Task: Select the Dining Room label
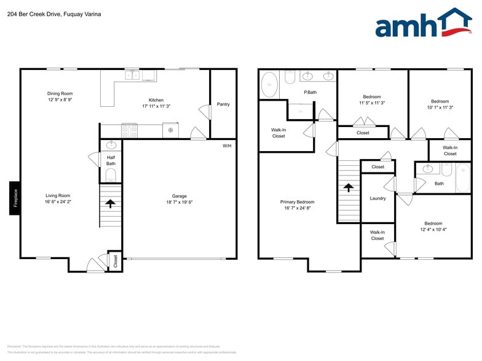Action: [60, 93]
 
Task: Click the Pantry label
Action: [223, 104]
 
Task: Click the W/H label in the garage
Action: [227, 146]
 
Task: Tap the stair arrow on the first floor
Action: [111, 203]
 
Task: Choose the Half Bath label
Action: [111, 160]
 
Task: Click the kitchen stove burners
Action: [130, 130]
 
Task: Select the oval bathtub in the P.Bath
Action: [269, 85]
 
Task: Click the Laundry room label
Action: [377, 198]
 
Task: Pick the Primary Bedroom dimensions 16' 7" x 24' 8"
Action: [297, 209]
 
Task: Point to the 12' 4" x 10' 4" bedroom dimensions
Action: [433, 230]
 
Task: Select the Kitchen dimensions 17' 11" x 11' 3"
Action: [156, 106]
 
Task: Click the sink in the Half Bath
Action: [111, 146]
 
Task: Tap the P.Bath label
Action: [310, 92]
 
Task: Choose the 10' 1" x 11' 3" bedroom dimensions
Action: [440, 107]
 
